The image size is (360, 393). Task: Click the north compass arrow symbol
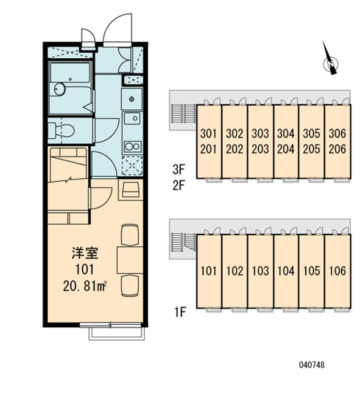[x=332, y=62]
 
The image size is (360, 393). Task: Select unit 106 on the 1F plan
[x=337, y=271]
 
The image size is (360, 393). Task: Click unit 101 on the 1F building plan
[x=209, y=271]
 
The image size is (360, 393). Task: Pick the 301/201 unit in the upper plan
[x=209, y=141]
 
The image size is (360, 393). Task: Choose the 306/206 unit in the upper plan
[x=337, y=141]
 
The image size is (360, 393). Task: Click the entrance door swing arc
[x=117, y=28]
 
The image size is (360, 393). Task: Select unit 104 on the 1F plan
[x=286, y=271]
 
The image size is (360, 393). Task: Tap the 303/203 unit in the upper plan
[x=260, y=141]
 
